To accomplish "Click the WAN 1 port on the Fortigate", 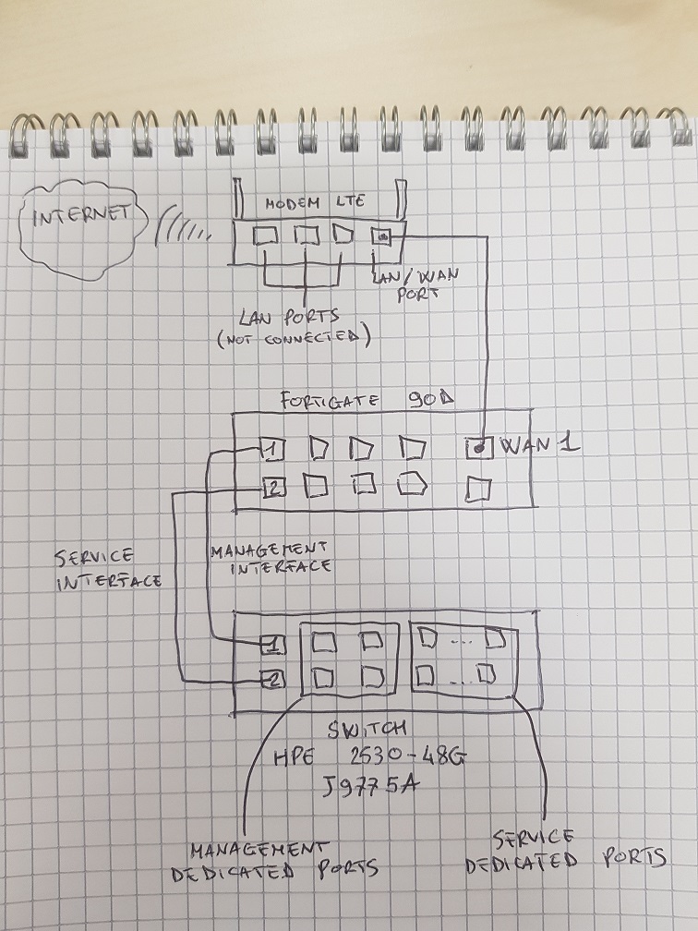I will tap(479, 449).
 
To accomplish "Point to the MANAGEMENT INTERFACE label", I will tap(270, 558).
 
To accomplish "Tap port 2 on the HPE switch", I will tap(274, 682).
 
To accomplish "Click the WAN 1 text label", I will tap(539, 445).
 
